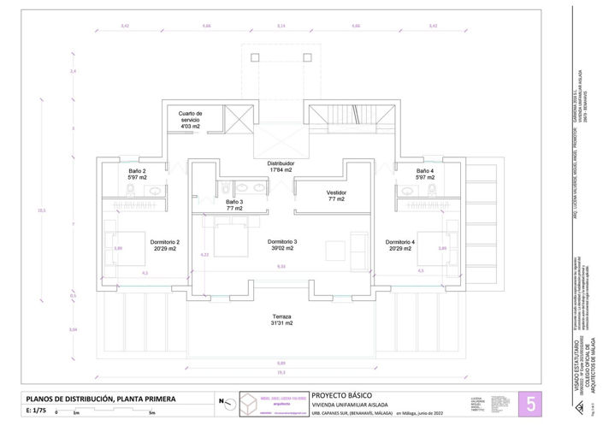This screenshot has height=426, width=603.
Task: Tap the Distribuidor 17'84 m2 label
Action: [x=281, y=166]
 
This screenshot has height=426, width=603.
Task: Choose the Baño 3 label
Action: [x=234, y=204]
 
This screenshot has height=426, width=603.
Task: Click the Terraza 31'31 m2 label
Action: [x=281, y=319]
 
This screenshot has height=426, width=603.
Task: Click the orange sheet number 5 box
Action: [x=530, y=404]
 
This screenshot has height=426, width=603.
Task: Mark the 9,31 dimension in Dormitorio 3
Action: [x=281, y=267]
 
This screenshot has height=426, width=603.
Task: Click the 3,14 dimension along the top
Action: [x=281, y=27]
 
